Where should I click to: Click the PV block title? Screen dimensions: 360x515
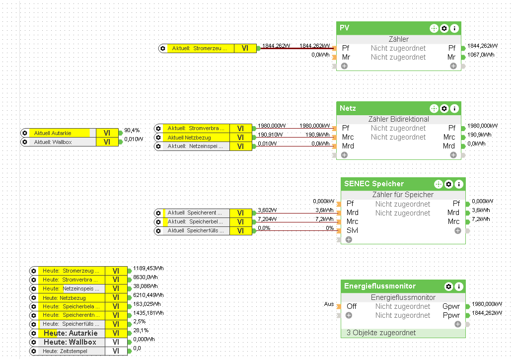point(345,28)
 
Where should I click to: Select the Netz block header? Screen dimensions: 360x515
point(348,108)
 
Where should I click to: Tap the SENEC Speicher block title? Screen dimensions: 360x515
point(374,184)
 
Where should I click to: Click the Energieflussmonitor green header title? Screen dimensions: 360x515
point(380,286)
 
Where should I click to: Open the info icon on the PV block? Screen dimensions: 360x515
point(454,28)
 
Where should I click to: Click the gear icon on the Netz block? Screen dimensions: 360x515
point(444,108)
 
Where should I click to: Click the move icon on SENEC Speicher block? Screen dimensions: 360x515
point(439,184)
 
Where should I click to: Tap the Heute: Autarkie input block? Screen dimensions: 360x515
point(70,333)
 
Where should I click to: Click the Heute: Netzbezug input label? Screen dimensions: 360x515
point(64,298)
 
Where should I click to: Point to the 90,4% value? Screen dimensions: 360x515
point(132,130)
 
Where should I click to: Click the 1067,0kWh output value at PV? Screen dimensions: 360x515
point(481,55)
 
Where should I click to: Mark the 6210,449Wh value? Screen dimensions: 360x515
point(148,295)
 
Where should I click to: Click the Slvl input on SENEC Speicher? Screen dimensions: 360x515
point(352,230)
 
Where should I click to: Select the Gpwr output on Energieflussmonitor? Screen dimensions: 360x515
point(451,306)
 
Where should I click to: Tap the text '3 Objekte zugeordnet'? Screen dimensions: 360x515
point(381,333)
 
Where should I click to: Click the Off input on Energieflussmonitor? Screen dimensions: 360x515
point(352,306)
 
